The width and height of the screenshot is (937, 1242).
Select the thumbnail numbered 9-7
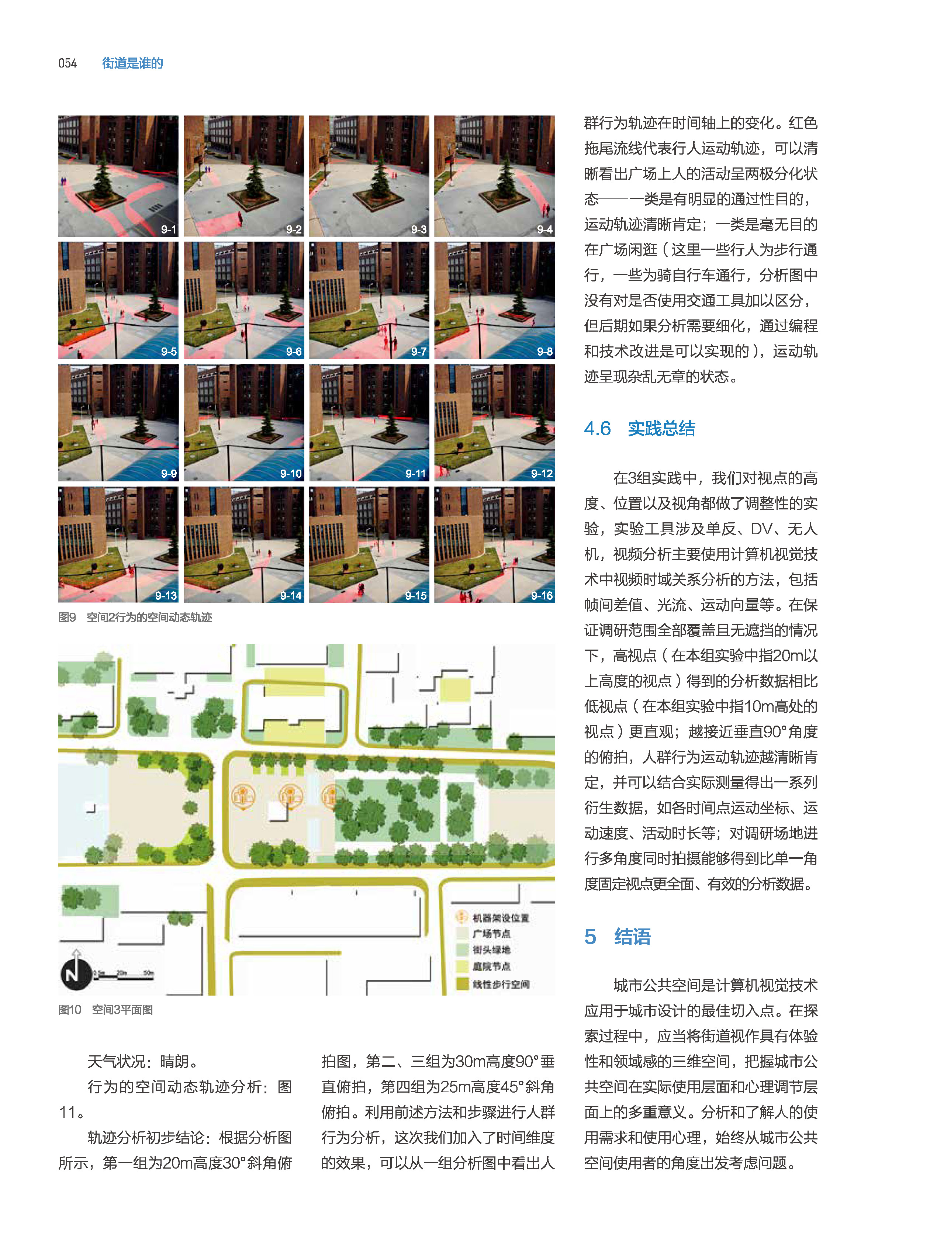[x=369, y=300]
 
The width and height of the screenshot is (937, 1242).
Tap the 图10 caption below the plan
[x=106, y=1010]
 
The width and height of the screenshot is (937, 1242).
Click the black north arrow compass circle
[x=76, y=974]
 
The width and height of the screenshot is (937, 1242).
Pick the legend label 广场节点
[x=491, y=934]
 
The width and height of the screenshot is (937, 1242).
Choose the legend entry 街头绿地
[x=491, y=950]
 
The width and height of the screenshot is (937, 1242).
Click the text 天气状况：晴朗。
[x=143, y=1062]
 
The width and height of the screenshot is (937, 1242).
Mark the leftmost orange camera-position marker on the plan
[x=243, y=796]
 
